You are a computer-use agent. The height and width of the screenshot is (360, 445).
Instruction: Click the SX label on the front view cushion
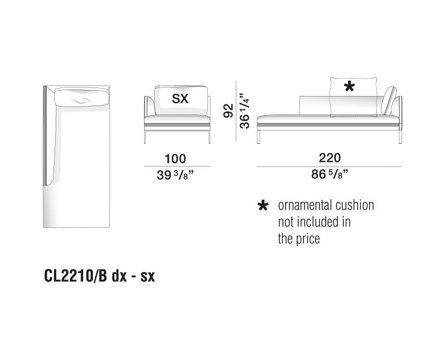[x=180, y=99]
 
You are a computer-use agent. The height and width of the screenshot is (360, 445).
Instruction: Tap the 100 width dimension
[x=175, y=159]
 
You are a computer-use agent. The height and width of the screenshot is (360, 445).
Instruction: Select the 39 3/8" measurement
[x=175, y=175]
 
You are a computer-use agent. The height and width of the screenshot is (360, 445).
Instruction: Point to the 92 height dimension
[x=228, y=111]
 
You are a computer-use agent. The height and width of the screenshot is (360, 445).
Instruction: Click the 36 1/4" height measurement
[x=244, y=111]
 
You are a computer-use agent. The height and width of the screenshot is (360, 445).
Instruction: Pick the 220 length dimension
[x=330, y=157]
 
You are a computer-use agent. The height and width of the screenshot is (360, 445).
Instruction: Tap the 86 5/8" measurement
[x=330, y=174]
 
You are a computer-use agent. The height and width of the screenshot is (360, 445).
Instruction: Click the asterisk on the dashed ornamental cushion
[x=349, y=86]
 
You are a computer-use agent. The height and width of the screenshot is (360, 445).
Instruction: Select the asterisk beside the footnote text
[x=263, y=205]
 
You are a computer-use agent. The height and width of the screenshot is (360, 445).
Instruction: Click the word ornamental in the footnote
[x=305, y=205]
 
